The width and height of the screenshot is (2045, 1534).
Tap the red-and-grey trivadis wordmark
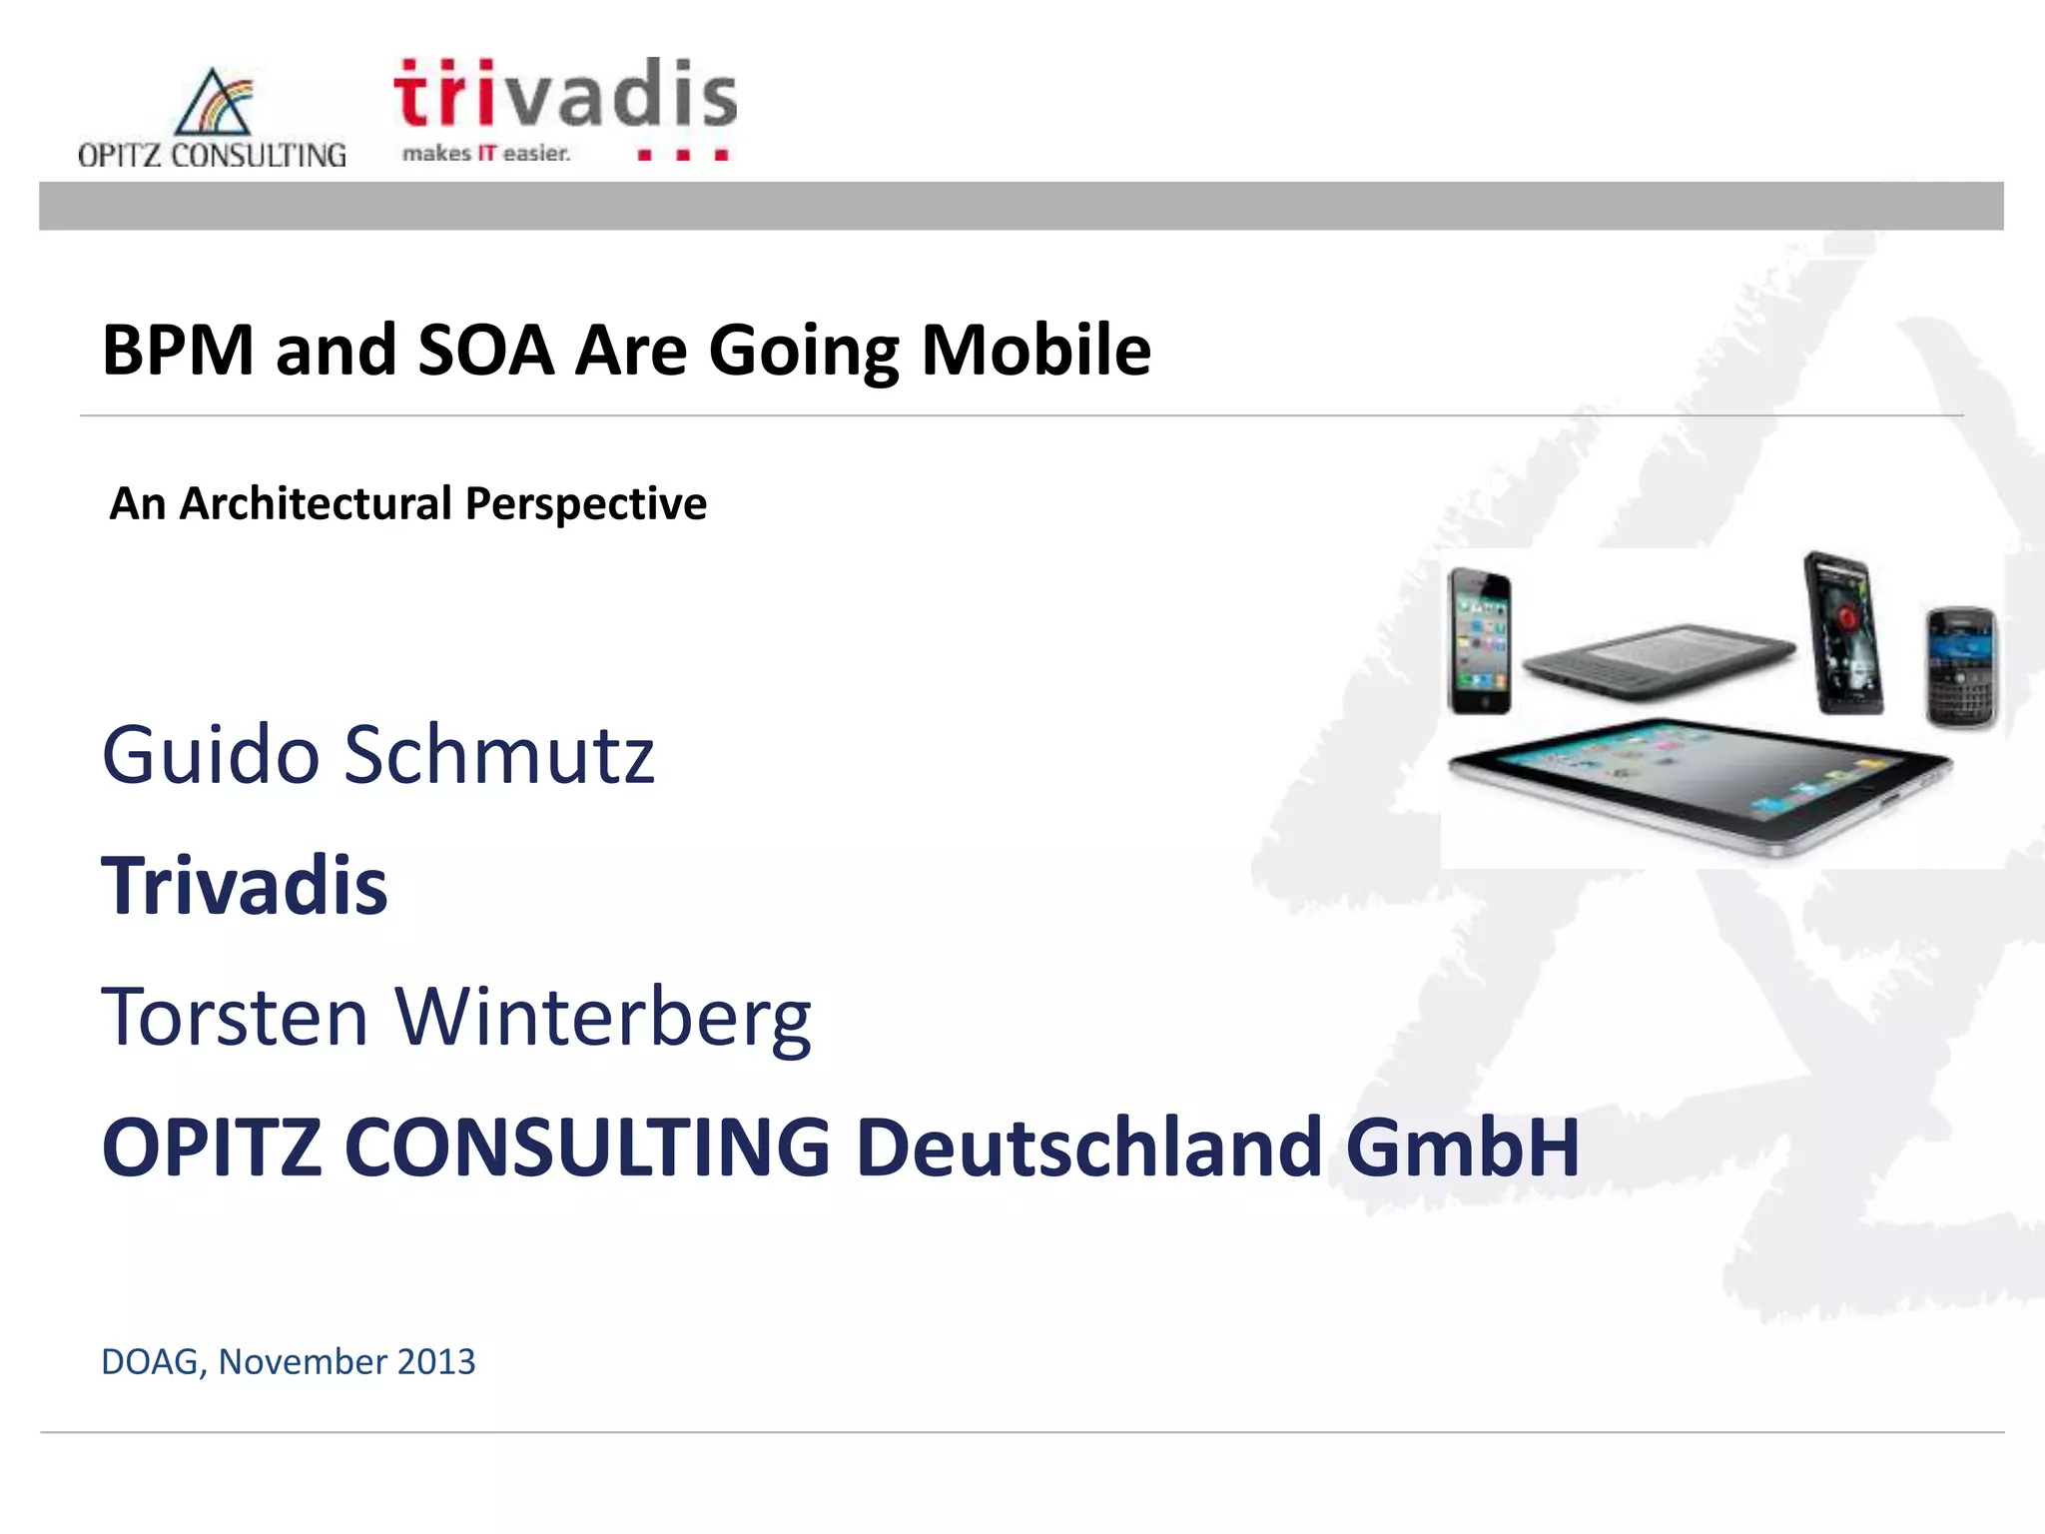pyautogui.click(x=565, y=95)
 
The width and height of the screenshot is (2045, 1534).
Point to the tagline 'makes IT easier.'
pyautogui.click(x=486, y=154)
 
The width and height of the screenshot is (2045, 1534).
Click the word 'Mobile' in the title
pyautogui.click(x=1035, y=351)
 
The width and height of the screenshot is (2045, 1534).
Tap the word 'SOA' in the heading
pyautogui.click(x=485, y=351)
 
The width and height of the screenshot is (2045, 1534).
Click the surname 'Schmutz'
pyautogui.click(x=499, y=756)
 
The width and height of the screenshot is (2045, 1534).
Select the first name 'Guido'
pyautogui.click(x=210, y=756)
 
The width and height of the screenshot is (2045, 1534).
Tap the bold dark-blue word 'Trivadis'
pyautogui.click(x=245, y=886)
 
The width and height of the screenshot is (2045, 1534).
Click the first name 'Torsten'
pyautogui.click(x=235, y=1017)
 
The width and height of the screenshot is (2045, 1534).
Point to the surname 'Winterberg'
pyautogui.click(x=603, y=1019)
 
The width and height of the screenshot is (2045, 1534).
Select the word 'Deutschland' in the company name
pyautogui.click(x=1089, y=1147)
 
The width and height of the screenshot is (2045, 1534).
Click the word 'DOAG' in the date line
pyautogui.click(x=151, y=1362)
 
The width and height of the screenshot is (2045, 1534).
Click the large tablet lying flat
pyautogui.click(x=1698, y=784)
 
